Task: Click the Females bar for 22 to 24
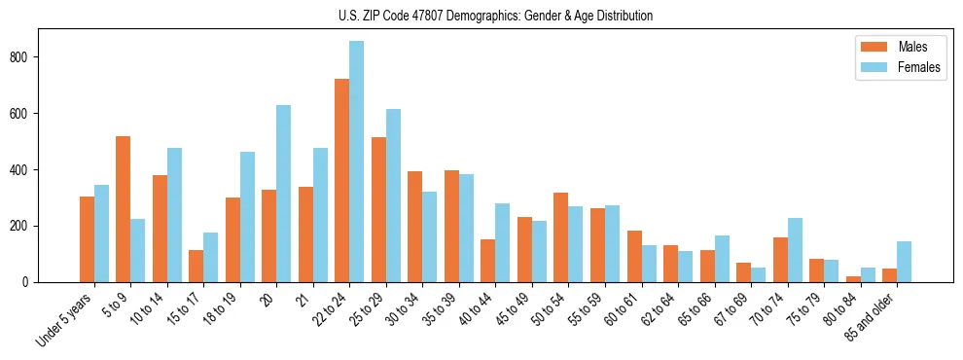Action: (357, 162)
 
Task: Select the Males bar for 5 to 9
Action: (124, 209)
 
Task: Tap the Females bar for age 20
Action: (284, 194)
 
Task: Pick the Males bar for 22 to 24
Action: (342, 180)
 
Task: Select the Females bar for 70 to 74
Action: (795, 250)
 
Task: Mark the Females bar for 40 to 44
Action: (503, 243)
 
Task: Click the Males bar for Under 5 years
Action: (87, 239)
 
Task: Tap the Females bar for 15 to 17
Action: (211, 258)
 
